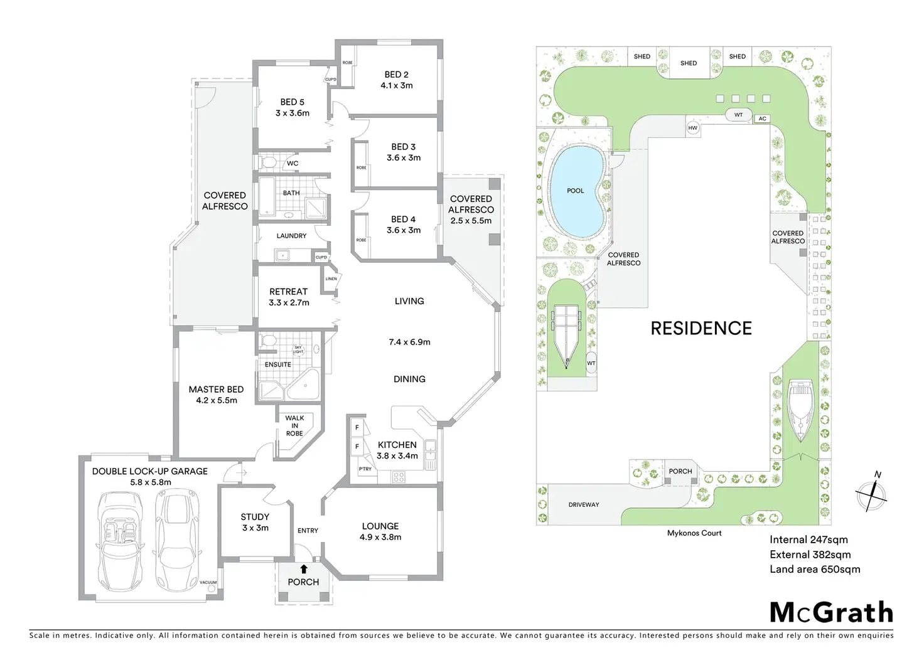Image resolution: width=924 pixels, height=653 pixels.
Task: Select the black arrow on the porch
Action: [x=304, y=569]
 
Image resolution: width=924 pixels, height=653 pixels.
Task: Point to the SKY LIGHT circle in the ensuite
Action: [x=298, y=350]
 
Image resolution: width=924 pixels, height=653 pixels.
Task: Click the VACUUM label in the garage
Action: [x=208, y=582]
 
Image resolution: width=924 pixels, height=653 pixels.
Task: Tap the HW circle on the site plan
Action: [x=692, y=128]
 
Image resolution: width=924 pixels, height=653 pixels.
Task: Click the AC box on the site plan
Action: [x=762, y=119]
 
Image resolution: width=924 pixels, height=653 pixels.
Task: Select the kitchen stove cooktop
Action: [x=399, y=477]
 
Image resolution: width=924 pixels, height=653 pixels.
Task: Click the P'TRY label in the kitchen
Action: [x=365, y=469]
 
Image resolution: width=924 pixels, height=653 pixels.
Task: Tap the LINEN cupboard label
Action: [x=331, y=279]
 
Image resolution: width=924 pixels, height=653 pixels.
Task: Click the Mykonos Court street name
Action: [x=694, y=533]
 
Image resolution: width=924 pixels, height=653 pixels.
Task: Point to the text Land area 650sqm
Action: [x=815, y=570]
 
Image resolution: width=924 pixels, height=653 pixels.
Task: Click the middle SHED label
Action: [x=689, y=63]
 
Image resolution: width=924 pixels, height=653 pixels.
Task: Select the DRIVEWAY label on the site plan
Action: [x=584, y=504]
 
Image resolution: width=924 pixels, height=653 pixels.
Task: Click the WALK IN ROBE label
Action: [x=294, y=425]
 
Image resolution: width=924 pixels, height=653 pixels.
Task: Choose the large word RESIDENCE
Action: [x=701, y=329]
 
